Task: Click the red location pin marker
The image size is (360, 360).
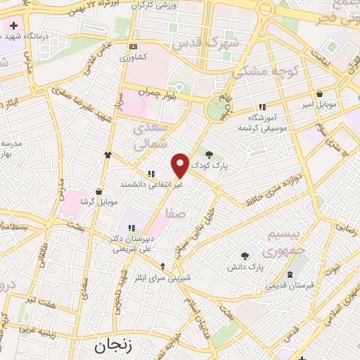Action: (180, 165)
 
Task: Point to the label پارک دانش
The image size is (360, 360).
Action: (245, 268)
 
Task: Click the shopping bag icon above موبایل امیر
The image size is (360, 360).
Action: (320, 94)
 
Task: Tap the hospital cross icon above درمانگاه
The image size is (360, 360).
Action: (14, 26)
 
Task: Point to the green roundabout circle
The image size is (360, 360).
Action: (217, 109)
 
